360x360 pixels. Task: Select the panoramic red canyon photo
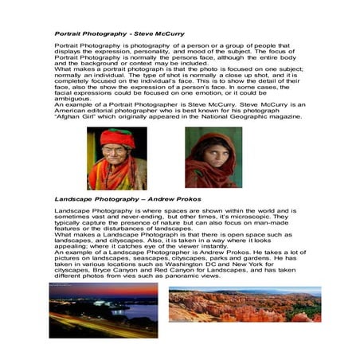pyautogui.click(x=245, y=303)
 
